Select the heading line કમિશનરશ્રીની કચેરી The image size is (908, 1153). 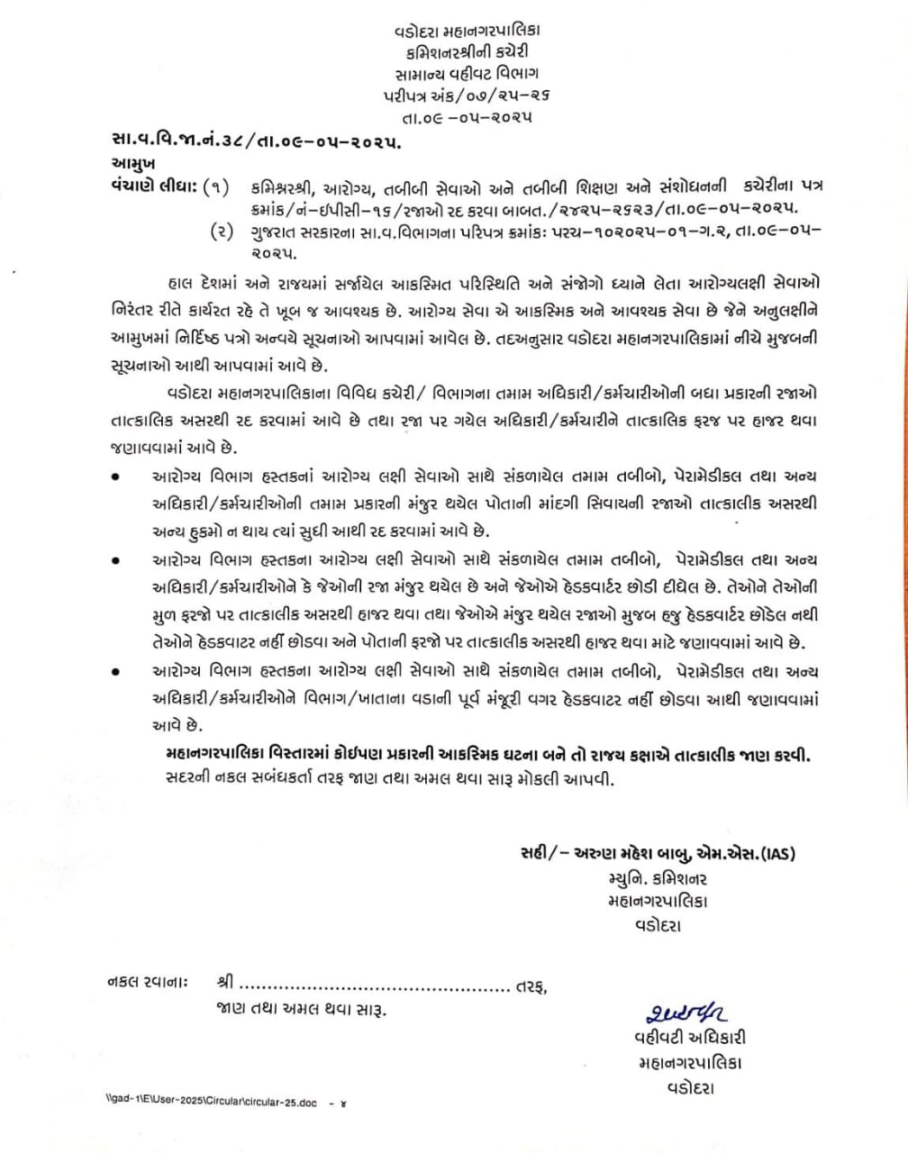pyautogui.click(x=467, y=51)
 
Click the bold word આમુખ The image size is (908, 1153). pyautogui.click(x=133, y=164)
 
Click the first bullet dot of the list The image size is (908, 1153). pyautogui.click(x=113, y=477)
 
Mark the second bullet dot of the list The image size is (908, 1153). pyautogui.click(x=113, y=560)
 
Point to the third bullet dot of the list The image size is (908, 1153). pyautogui.click(x=113, y=671)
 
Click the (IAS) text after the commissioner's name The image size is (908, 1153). pyautogui.click(x=776, y=855)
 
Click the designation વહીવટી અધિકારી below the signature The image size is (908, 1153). pyautogui.click(x=689, y=1039)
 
